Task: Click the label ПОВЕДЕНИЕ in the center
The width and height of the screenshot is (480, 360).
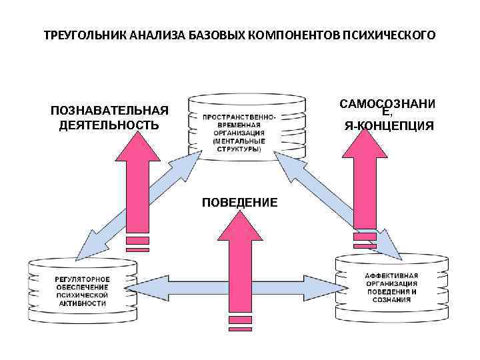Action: tap(239, 202)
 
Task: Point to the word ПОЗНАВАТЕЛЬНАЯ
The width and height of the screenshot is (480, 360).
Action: tap(109, 111)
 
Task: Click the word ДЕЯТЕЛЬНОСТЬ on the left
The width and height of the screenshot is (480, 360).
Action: tap(109, 124)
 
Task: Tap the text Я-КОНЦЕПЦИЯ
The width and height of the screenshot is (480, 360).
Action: tap(389, 125)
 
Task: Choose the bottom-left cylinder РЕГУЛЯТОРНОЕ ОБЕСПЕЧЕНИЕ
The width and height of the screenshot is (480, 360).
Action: tap(81, 289)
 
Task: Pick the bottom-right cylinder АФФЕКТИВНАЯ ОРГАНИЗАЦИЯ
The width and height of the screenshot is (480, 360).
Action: tap(391, 287)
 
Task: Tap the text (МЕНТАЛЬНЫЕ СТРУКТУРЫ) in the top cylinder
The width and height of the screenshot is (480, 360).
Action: tap(239, 145)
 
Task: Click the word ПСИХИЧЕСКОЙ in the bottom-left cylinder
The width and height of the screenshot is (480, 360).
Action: tap(81, 294)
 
